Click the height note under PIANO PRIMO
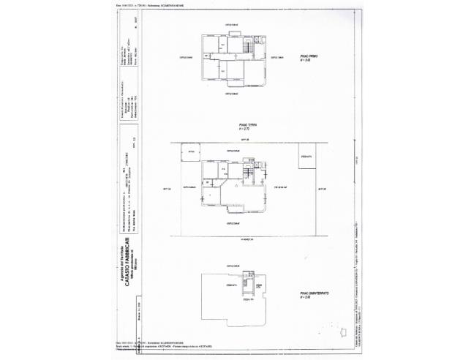coord(307,60)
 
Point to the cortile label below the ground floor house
coord(233,222)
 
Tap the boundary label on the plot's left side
coord(166,188)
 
